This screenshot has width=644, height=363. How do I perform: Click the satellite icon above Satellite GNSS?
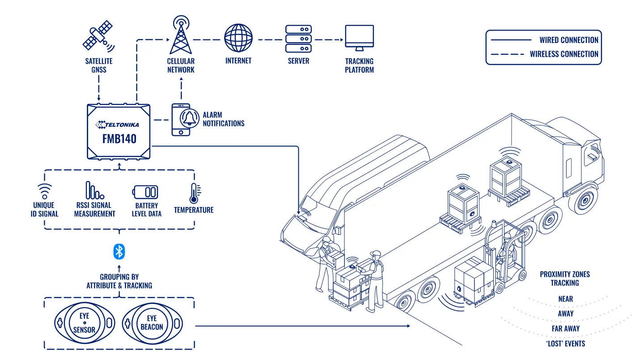98,36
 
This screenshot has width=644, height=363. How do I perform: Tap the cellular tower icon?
181,35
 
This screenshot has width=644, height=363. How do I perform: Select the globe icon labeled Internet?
238,38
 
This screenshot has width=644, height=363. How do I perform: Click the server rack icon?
298,39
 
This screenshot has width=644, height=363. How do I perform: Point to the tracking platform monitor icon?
360,38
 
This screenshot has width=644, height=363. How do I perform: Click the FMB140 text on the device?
119,139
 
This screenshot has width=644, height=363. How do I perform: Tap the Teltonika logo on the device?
117,125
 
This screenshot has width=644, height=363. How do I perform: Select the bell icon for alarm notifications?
190,118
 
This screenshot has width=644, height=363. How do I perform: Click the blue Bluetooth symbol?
119,251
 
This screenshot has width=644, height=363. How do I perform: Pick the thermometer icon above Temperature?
195,193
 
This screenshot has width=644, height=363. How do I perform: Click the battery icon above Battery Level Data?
145,192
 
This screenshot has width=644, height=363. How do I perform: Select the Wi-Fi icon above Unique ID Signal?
45,191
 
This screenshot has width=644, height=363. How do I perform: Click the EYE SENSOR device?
85,323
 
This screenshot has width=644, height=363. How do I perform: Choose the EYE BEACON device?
152,323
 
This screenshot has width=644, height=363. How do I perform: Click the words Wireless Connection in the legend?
564,54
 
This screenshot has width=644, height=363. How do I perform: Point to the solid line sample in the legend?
511,40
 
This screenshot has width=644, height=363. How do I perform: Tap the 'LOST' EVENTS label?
565,344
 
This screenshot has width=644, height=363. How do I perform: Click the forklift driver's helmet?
507,236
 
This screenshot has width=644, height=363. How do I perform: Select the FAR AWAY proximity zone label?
565,329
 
